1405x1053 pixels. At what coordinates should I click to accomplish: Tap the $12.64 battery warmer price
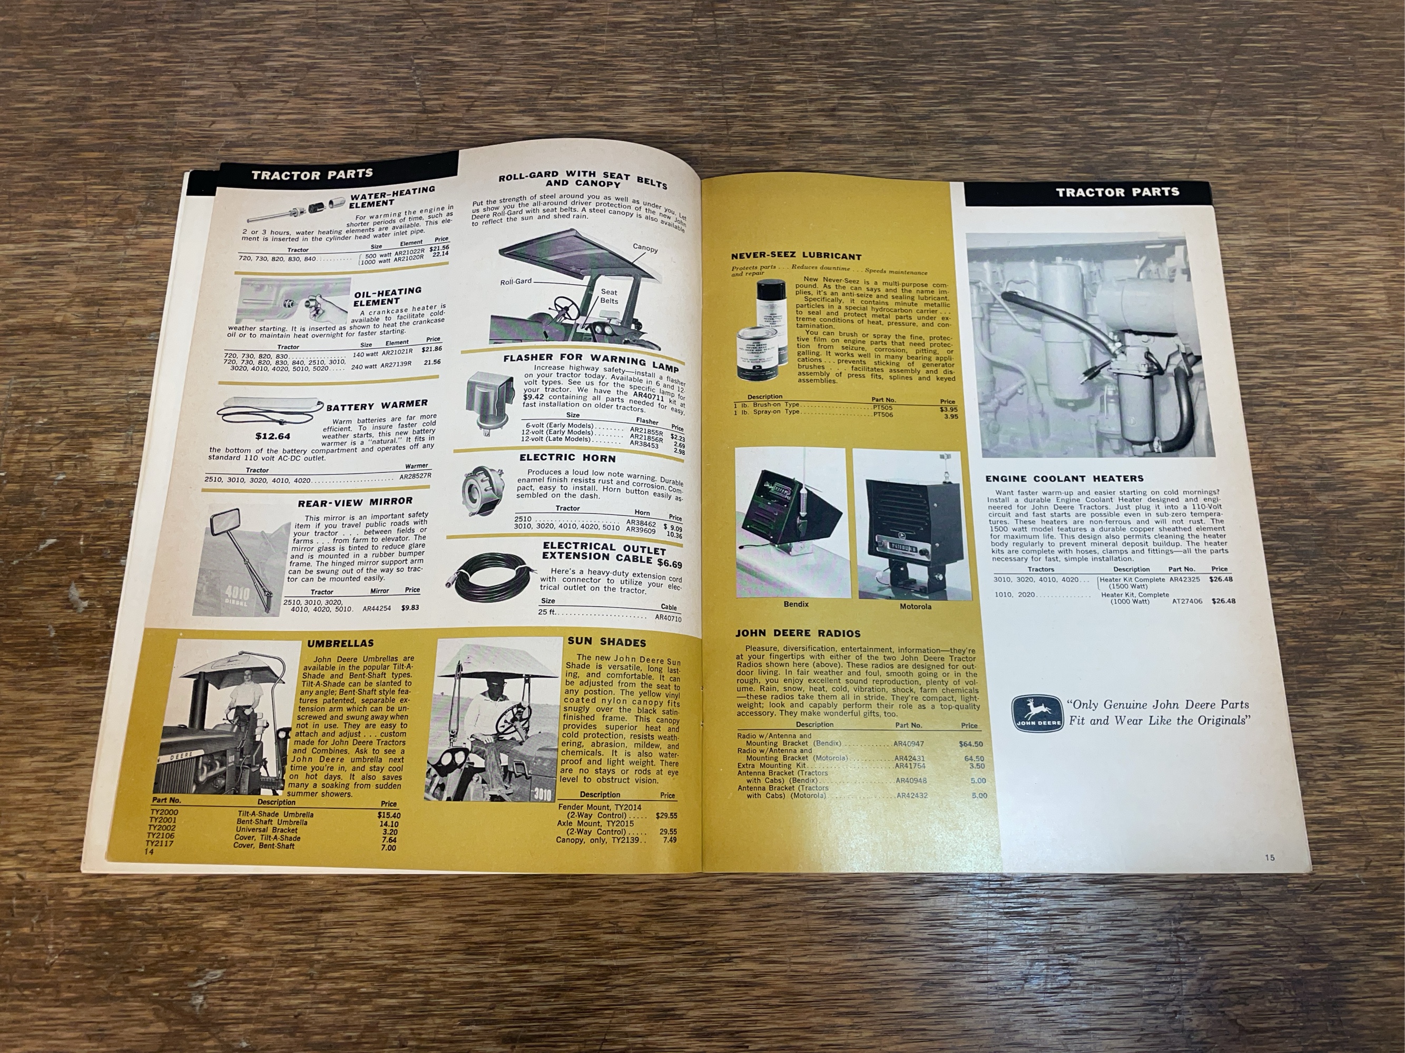point(272,436)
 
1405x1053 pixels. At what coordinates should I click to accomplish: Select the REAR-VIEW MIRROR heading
point(355,503)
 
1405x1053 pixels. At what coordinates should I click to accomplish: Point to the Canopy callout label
point(645,248)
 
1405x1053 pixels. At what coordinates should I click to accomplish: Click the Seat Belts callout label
point(608,296)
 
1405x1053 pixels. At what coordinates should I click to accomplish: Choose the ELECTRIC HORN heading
point(567,458)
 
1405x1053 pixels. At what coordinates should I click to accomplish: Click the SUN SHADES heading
point(606,643)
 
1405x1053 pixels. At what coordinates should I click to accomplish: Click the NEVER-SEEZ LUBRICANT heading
point(796,257)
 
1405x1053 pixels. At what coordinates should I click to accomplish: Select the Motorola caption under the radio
point(915,606)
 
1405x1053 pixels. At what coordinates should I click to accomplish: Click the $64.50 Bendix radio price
point(970,744)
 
